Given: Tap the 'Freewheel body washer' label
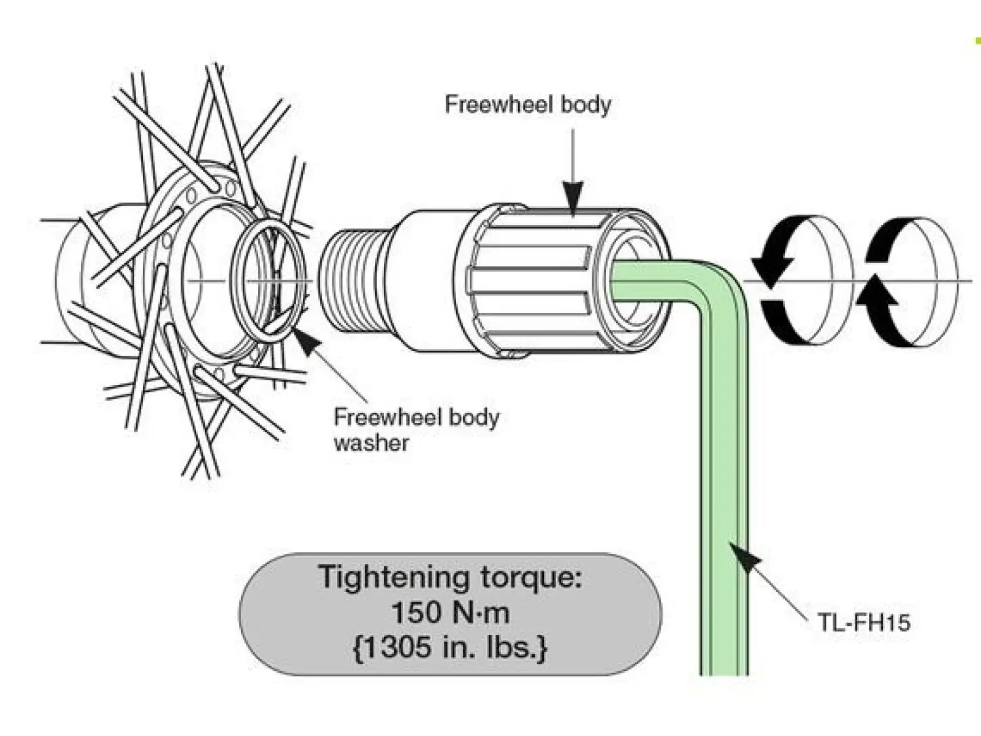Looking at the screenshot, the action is tap(416, 431).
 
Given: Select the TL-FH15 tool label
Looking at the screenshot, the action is tap(864, 621).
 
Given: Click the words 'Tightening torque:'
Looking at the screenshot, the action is tap(451, 577).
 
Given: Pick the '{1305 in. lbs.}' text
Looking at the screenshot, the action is tap(450, 647).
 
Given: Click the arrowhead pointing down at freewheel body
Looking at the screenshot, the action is tap(573, 195).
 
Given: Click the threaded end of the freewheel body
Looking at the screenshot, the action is tap(353, 282).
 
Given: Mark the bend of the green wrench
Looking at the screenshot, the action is tap(720, 286).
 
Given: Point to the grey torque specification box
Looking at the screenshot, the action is tap(451, 613).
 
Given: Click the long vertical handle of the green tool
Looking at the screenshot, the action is tap(723, 491).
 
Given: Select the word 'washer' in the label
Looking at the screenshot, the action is tap(372, 443).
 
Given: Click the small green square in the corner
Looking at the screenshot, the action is tap(977, 42).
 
